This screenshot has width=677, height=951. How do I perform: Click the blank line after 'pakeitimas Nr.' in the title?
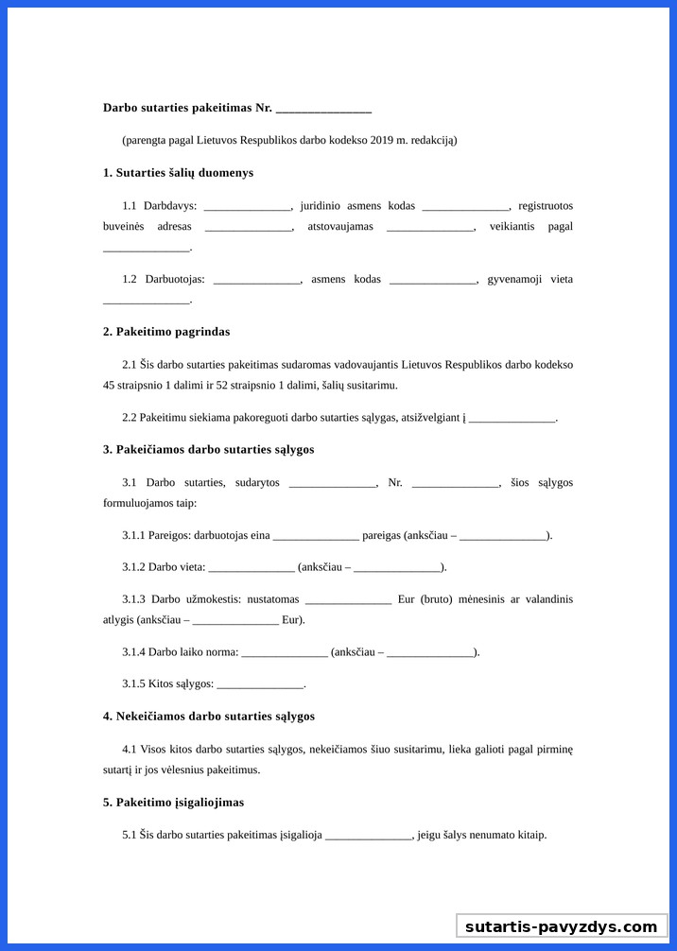[323, 109]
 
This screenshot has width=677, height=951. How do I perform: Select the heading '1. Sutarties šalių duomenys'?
[178, 173]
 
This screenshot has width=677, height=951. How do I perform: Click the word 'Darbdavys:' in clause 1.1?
[170, 206]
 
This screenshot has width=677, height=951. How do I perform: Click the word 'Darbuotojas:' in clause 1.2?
[175, 280]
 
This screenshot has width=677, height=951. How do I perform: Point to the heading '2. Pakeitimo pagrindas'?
[166, 332]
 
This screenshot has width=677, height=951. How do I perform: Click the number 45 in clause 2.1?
[109, 386]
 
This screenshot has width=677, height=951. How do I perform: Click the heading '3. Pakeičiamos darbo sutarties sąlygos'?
[209, 450]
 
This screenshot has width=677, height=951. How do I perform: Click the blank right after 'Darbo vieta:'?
[252, 567]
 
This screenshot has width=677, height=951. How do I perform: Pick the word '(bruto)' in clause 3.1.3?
[437, 599]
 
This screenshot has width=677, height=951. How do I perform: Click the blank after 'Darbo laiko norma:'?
[285, 652]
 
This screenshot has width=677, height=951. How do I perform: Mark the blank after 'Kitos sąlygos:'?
[260, 683]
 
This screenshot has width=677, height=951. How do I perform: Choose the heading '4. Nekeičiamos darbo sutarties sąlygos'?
[209, 717]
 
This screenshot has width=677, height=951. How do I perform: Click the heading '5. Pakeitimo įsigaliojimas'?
[173, 803]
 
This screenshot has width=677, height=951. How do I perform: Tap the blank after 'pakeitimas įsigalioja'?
[369, 836]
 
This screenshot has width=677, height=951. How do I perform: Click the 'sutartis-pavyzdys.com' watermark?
[561, 926]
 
